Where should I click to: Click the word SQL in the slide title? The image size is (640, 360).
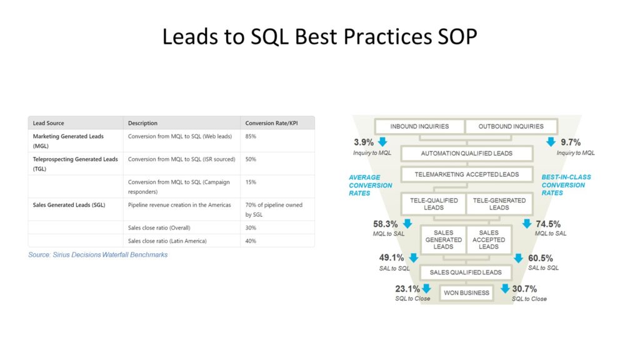point(270,37)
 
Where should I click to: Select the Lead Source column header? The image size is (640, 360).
point(48,123)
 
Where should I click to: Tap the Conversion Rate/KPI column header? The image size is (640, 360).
point(271,123)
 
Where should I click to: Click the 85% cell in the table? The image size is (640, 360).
point(251,136)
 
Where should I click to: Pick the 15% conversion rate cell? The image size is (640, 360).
point(251,182)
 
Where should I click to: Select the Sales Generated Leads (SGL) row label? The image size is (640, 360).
point(69,205)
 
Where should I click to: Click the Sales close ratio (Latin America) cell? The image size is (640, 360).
point(167,241)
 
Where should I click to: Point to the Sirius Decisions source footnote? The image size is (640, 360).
point(98,255)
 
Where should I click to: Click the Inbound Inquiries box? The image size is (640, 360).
point(419,126)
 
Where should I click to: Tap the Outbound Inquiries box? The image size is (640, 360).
point(511,126)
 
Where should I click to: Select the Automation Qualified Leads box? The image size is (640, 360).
point(466,154)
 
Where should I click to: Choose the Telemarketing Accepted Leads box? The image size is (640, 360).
point(466,174)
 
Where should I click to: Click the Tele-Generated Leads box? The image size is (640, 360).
point(499,204)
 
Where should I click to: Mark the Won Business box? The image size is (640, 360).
point(466,292)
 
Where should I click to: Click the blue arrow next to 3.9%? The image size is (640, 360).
point(382,142)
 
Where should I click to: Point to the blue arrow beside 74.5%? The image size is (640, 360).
point(527,223)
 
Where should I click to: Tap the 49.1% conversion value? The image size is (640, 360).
point(391,257)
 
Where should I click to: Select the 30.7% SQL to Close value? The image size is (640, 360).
point(524,289)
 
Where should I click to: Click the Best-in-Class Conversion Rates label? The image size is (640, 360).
point(566,185)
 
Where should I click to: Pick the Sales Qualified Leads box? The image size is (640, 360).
point(466,272)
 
